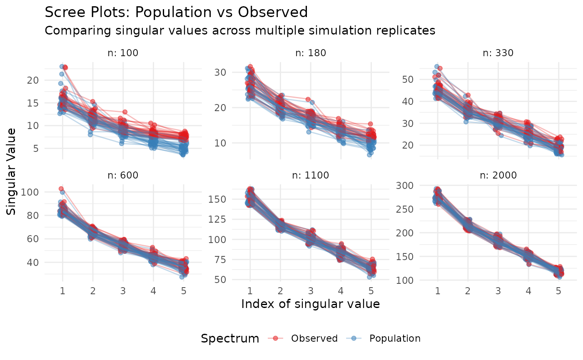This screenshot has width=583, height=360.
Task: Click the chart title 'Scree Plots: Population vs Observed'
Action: click(x=176, y=12)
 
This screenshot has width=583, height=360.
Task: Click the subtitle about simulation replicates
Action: click(x=239, y=31)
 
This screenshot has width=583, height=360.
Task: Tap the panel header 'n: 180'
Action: click(x=310, y=53)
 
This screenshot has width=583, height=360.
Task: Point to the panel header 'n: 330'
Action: click(x=498, y=53)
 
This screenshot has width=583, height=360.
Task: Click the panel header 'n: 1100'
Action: click(x=310, y=175)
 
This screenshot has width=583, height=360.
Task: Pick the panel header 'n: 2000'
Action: click(x=498, y=175)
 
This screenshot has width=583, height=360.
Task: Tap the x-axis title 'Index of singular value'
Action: click(x=310, y=304)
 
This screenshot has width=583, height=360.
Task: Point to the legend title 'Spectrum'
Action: click(x=229, y=338)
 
